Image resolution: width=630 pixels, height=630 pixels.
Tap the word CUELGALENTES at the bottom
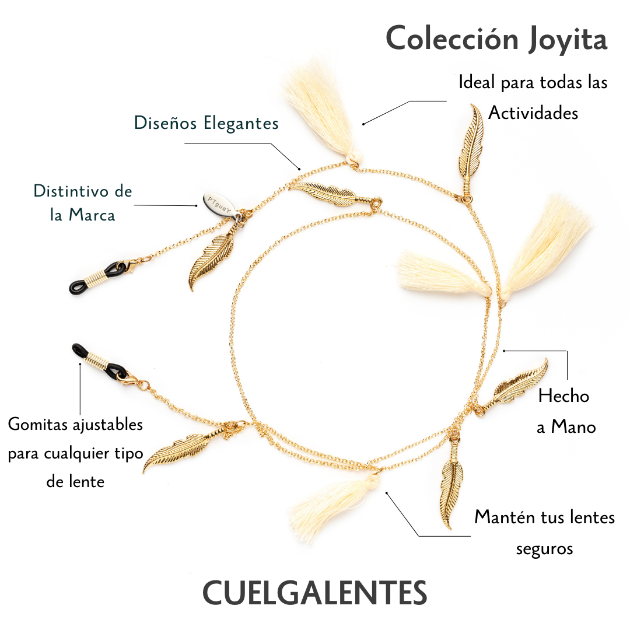(x=314, y=593)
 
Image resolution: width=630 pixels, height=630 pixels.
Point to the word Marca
(x=92, y=215)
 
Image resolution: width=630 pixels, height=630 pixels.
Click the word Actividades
(x=533, y=113)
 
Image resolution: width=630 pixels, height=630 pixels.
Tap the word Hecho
(x=563, y=396)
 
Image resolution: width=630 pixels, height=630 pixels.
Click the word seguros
(x=544, y=548)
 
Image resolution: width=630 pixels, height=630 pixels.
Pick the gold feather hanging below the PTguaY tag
(x=210, y=260)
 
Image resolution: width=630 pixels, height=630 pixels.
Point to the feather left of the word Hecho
(x=513, y=386)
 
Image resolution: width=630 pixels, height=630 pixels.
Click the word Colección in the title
(x=452, y=40)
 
